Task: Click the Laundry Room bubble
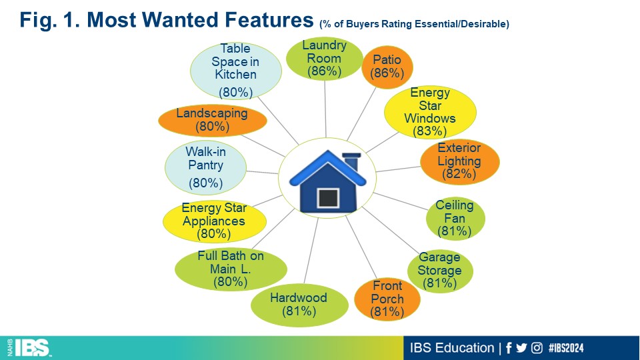(325, 59)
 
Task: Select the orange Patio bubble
(387, 67)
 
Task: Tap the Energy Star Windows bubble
(430, 112)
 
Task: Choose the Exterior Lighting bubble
(459, 161)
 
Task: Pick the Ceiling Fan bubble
(455, 219)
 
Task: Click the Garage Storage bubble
(440, 271)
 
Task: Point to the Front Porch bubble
(387, 299)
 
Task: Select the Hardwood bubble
(299, 305)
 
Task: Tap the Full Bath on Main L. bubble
(231, 269)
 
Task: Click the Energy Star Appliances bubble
(214, 221)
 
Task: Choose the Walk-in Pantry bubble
(206, 168)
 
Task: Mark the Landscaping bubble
(212, 121)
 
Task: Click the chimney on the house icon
(352, 161)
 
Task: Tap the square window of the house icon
(328, 198)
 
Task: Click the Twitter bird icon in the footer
(521, 348)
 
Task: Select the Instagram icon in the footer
(537, 348)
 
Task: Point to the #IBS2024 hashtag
(566, 348)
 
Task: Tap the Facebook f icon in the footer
(509, 348)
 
